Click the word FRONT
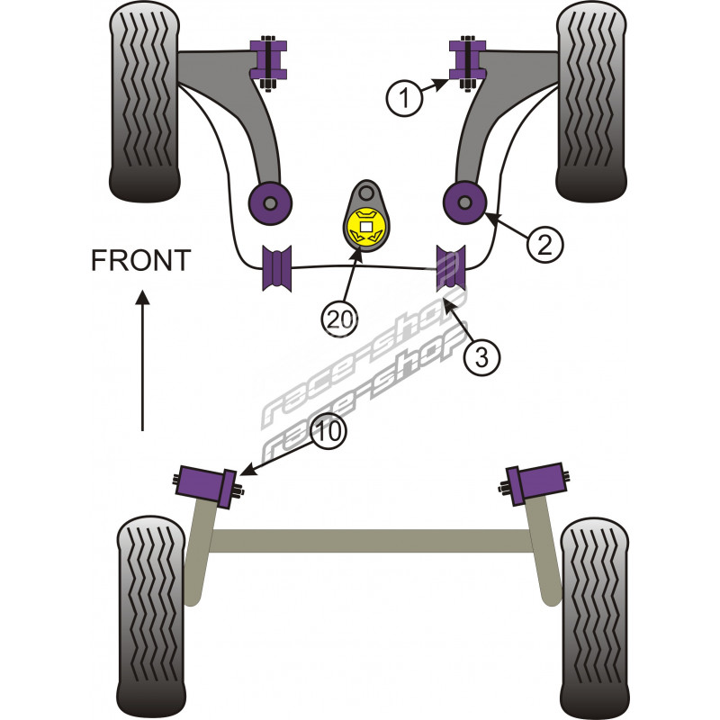(141, 261)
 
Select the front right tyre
(591, 101)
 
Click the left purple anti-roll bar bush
(278, 267)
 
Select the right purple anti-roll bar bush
(452, 267)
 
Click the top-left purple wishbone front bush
(268, 59)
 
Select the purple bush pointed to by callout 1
(466, 59)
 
